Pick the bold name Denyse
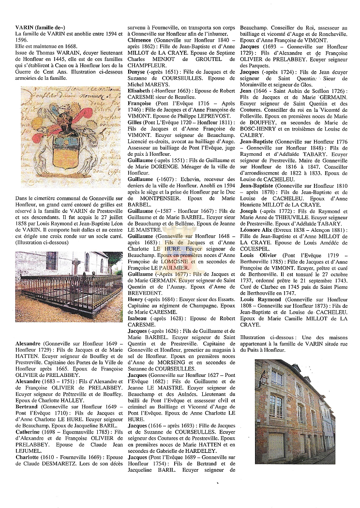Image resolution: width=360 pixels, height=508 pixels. pos(138,71)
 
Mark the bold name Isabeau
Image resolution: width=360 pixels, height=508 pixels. pos(139,319)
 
